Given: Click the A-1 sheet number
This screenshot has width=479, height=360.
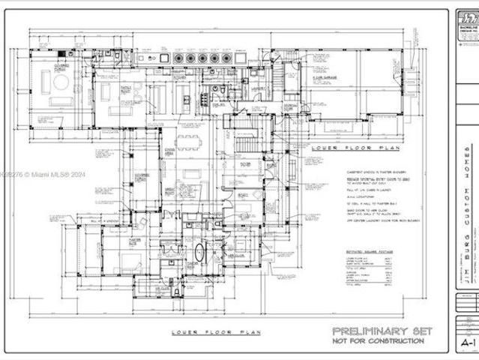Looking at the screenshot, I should click(467, 343).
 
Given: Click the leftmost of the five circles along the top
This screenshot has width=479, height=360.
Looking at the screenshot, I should click(178, 58).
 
